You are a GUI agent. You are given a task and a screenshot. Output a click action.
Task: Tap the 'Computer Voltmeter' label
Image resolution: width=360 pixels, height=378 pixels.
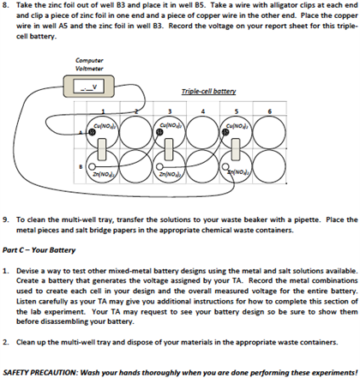(90, 64)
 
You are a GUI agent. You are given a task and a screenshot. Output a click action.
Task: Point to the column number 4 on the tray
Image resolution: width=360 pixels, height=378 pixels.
(204, 111)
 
